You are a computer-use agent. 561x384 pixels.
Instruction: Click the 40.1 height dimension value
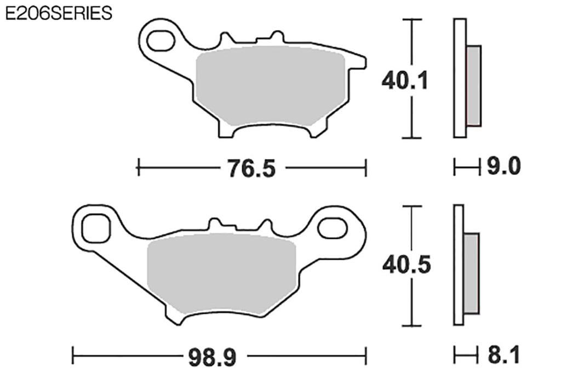[405, 81]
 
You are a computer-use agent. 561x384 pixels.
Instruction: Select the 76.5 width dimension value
[252, 168]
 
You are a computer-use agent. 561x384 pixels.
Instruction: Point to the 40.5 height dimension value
[407, 265]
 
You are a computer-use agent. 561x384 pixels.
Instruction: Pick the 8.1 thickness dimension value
[503, 356]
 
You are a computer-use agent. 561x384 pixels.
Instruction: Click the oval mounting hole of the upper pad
[161, 41]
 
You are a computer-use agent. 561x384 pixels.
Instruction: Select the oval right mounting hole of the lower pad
[333, 228]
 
